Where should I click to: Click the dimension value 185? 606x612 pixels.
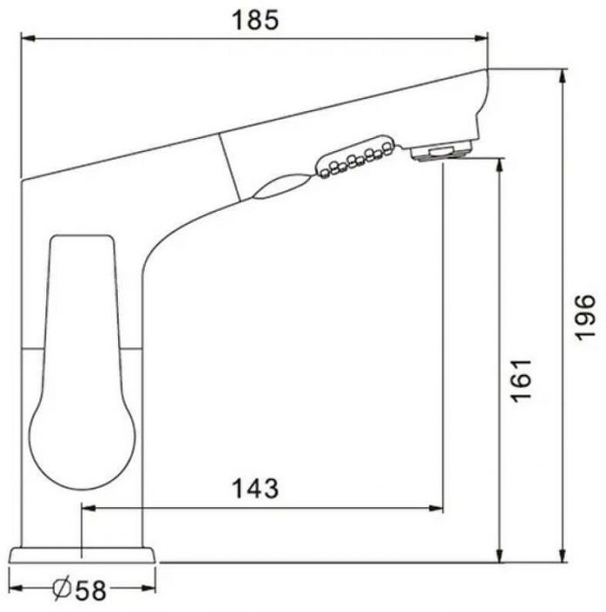(x=255, y=20)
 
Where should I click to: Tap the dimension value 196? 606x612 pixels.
(x=586, y=317)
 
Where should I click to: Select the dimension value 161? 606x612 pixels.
(x=521, y=380)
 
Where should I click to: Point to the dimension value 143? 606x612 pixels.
(x=255, y=488)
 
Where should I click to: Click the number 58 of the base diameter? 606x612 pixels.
(x=91, y=590)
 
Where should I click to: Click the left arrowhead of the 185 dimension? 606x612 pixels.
(x=28, y=38)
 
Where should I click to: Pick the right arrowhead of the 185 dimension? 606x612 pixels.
(x=479, y=38)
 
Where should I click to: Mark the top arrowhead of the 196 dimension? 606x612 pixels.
(x=562, y=77)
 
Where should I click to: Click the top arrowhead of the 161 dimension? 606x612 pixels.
(x=499, y=165)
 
